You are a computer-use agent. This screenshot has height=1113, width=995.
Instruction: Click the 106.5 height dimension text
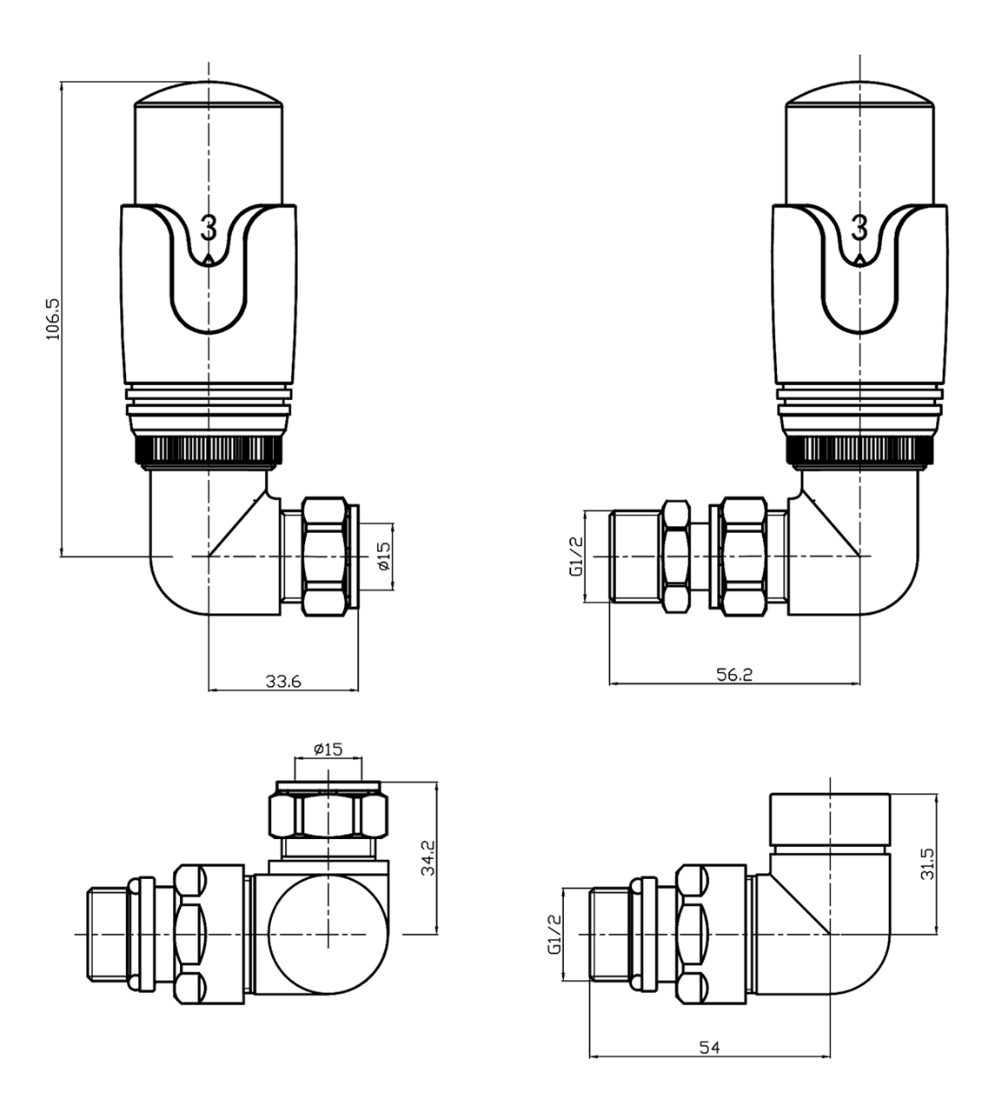(x=52, y=319)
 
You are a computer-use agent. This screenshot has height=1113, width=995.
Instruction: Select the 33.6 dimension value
(x=283, y=682)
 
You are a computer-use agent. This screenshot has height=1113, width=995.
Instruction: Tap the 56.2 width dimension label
(x=734, y=675)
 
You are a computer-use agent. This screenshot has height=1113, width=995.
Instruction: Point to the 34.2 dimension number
(x=425, y=859)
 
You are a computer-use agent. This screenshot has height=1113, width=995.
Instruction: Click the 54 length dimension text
(x=709, y=1049)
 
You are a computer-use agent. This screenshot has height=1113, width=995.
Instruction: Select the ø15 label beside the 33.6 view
(x=383, y=556)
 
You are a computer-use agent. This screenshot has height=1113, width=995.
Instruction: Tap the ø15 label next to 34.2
(x=328, y=749)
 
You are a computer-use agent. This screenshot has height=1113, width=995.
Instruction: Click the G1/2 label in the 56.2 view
(x=574, y=556)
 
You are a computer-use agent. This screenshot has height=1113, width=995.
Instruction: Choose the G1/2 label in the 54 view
(x=554, y=936)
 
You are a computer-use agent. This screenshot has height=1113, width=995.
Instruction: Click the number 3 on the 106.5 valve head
(x=209, y=229)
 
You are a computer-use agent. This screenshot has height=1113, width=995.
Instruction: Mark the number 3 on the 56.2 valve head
(x=859, y=229)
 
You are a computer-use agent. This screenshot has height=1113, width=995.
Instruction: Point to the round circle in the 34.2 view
(x=328, y=935)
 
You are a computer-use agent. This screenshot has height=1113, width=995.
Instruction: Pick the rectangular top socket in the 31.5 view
(x=830, y=818)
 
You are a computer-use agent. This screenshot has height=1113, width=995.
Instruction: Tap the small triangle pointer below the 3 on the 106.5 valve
(x=209, y=258)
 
